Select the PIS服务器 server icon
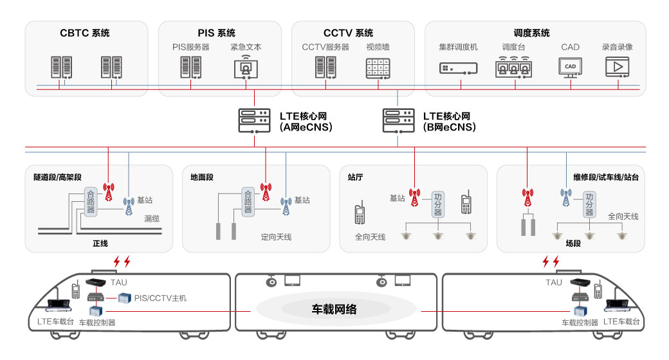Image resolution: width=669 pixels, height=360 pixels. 190,67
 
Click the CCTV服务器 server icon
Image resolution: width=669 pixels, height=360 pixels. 325,67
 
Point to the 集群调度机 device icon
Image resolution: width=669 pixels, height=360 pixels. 459,68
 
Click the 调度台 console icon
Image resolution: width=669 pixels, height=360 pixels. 513,67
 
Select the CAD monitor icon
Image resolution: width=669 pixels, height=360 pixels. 570,67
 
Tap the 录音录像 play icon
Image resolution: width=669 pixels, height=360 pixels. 618,67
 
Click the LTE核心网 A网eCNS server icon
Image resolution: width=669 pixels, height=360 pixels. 254,120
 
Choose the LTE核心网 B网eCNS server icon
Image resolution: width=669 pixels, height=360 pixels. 398,120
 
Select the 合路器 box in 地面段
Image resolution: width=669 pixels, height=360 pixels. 248,201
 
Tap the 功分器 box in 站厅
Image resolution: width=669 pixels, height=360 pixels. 438,204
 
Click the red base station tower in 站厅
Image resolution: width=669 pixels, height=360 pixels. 415,198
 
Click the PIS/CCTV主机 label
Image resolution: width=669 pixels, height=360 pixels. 160,298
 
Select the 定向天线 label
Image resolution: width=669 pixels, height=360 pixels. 276,237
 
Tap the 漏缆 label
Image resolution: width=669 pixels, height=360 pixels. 152,219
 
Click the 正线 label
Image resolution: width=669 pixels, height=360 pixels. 100,244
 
